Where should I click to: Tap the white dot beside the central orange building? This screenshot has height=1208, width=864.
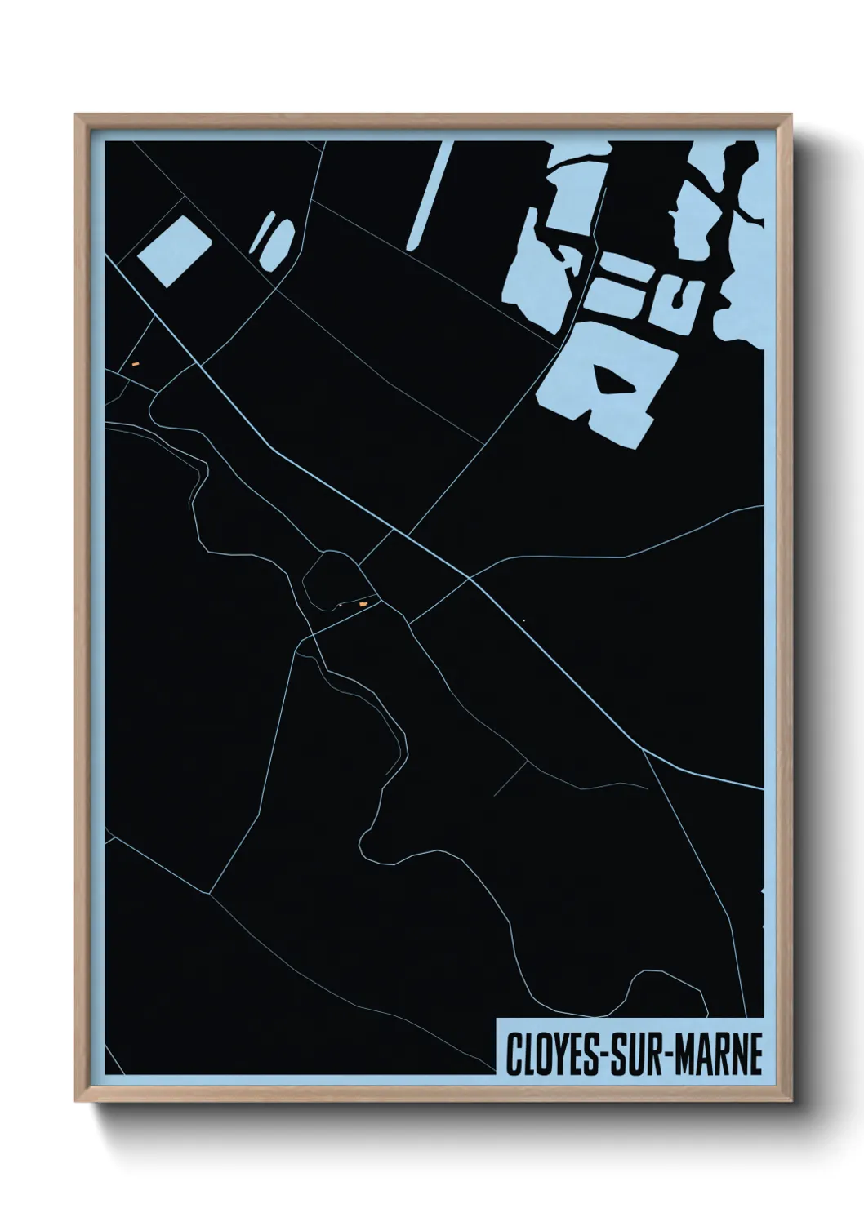tap(339, 605)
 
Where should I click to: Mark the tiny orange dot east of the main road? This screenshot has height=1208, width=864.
tap(523, 620)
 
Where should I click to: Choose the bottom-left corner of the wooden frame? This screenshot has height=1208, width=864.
tap(78, 1100)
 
